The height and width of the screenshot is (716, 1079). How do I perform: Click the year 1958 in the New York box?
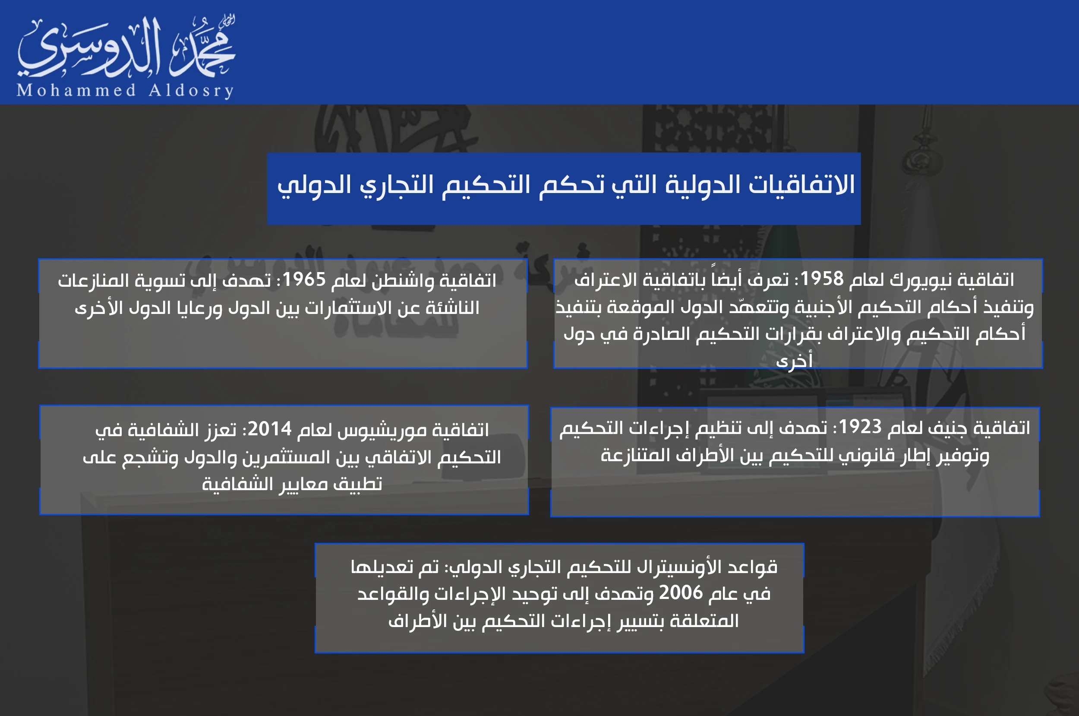pyautogui.click(x=822, y=279)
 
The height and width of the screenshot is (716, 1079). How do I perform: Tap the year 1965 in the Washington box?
pyautogui.click(x=304, y=279)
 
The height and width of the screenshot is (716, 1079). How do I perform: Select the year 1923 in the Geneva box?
pyautogui.click(x=860, y=427)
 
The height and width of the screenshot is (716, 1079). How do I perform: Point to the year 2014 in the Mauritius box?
pyautogui.click(x=269, y=429)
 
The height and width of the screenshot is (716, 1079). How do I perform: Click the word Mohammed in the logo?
pyautogui.click(x=76, y=90)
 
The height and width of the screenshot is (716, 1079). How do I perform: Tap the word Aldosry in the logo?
pyautogui.click(x=191, y=90)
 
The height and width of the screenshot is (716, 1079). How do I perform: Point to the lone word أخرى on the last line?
pyautogui.click(x=794, y=361)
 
